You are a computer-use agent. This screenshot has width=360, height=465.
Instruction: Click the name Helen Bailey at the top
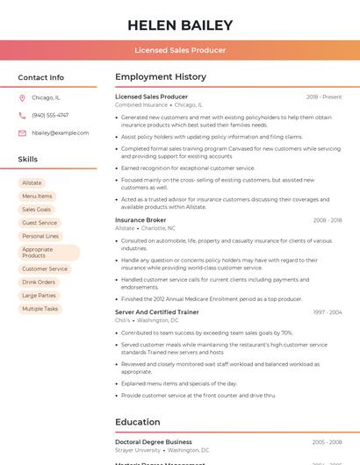(x=180, y=25)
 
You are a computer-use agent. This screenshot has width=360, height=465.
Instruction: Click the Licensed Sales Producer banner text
(x=180, y=50)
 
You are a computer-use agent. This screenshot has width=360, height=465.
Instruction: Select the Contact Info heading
(x=41, y=77)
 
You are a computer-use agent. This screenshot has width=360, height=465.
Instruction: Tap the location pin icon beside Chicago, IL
(x=22, y=97)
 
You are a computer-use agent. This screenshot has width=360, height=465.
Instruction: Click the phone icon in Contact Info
(x=22, y=115)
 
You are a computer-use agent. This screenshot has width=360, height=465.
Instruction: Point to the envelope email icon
(x=22, y=132)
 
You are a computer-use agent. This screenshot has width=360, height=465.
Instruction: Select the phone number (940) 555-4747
(x=50, y=115)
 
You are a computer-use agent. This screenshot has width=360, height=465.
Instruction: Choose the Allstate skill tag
(x=32, y=182)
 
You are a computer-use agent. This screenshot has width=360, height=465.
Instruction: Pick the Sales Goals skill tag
(x=37, y=210)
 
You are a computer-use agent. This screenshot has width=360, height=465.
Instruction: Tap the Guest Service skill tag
(x=40, y=223)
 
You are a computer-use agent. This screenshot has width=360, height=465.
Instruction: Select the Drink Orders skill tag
(x=39, y=283)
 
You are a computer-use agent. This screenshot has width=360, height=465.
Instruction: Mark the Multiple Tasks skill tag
(x=40, y=309)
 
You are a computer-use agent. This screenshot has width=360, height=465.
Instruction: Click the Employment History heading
(x=161, y=77)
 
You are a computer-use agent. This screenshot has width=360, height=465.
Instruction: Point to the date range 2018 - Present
(x=324, y=97)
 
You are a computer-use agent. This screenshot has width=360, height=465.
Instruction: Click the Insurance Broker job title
(x=140, y=220)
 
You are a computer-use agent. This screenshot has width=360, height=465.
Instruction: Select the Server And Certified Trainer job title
(x=157, y=312)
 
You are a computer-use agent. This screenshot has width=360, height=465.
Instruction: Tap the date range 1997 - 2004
(x=327, y=312)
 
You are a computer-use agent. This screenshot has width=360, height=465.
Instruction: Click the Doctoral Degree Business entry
(x=154, y=442)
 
